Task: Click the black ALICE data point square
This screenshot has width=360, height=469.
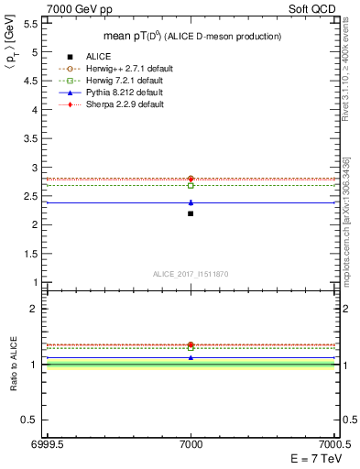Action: click(191, 213)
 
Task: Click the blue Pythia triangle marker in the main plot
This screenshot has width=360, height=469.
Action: click(191, 202)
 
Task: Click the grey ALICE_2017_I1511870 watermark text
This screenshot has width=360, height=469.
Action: click(191, 274)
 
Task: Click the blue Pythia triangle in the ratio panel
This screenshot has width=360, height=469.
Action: click(191, 357)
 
